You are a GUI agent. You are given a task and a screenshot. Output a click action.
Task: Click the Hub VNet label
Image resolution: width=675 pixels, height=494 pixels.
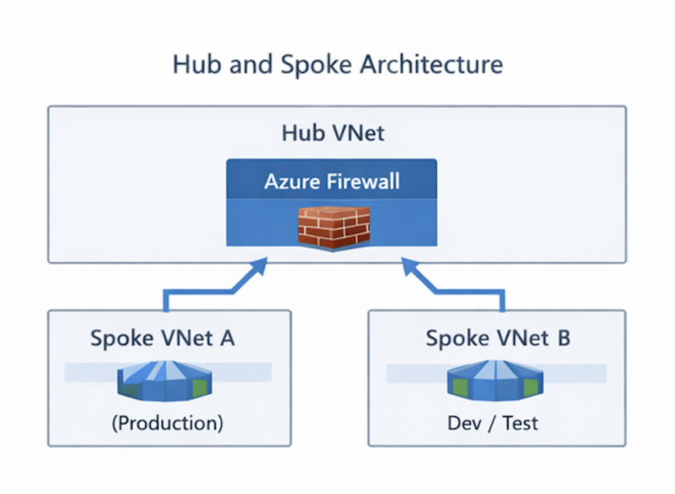pyautogui.click(x=333, y=132)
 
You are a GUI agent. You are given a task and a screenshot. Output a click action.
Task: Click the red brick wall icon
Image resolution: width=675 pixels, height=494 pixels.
pyautogui.click(x=331, y=226)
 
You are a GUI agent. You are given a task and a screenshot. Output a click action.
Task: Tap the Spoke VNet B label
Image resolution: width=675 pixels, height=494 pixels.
pyautogui.click(x=498, y=337)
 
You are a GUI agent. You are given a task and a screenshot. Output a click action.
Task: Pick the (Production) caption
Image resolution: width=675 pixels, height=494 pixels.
pyautogui.click(x=168, y=423)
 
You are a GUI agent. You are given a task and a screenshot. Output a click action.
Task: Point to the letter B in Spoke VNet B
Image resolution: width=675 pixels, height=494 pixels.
pyautogui.click(x=562, y=337)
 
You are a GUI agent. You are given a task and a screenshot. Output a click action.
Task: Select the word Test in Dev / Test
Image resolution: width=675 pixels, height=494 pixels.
pyautogui.click(x=520, y=423)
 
